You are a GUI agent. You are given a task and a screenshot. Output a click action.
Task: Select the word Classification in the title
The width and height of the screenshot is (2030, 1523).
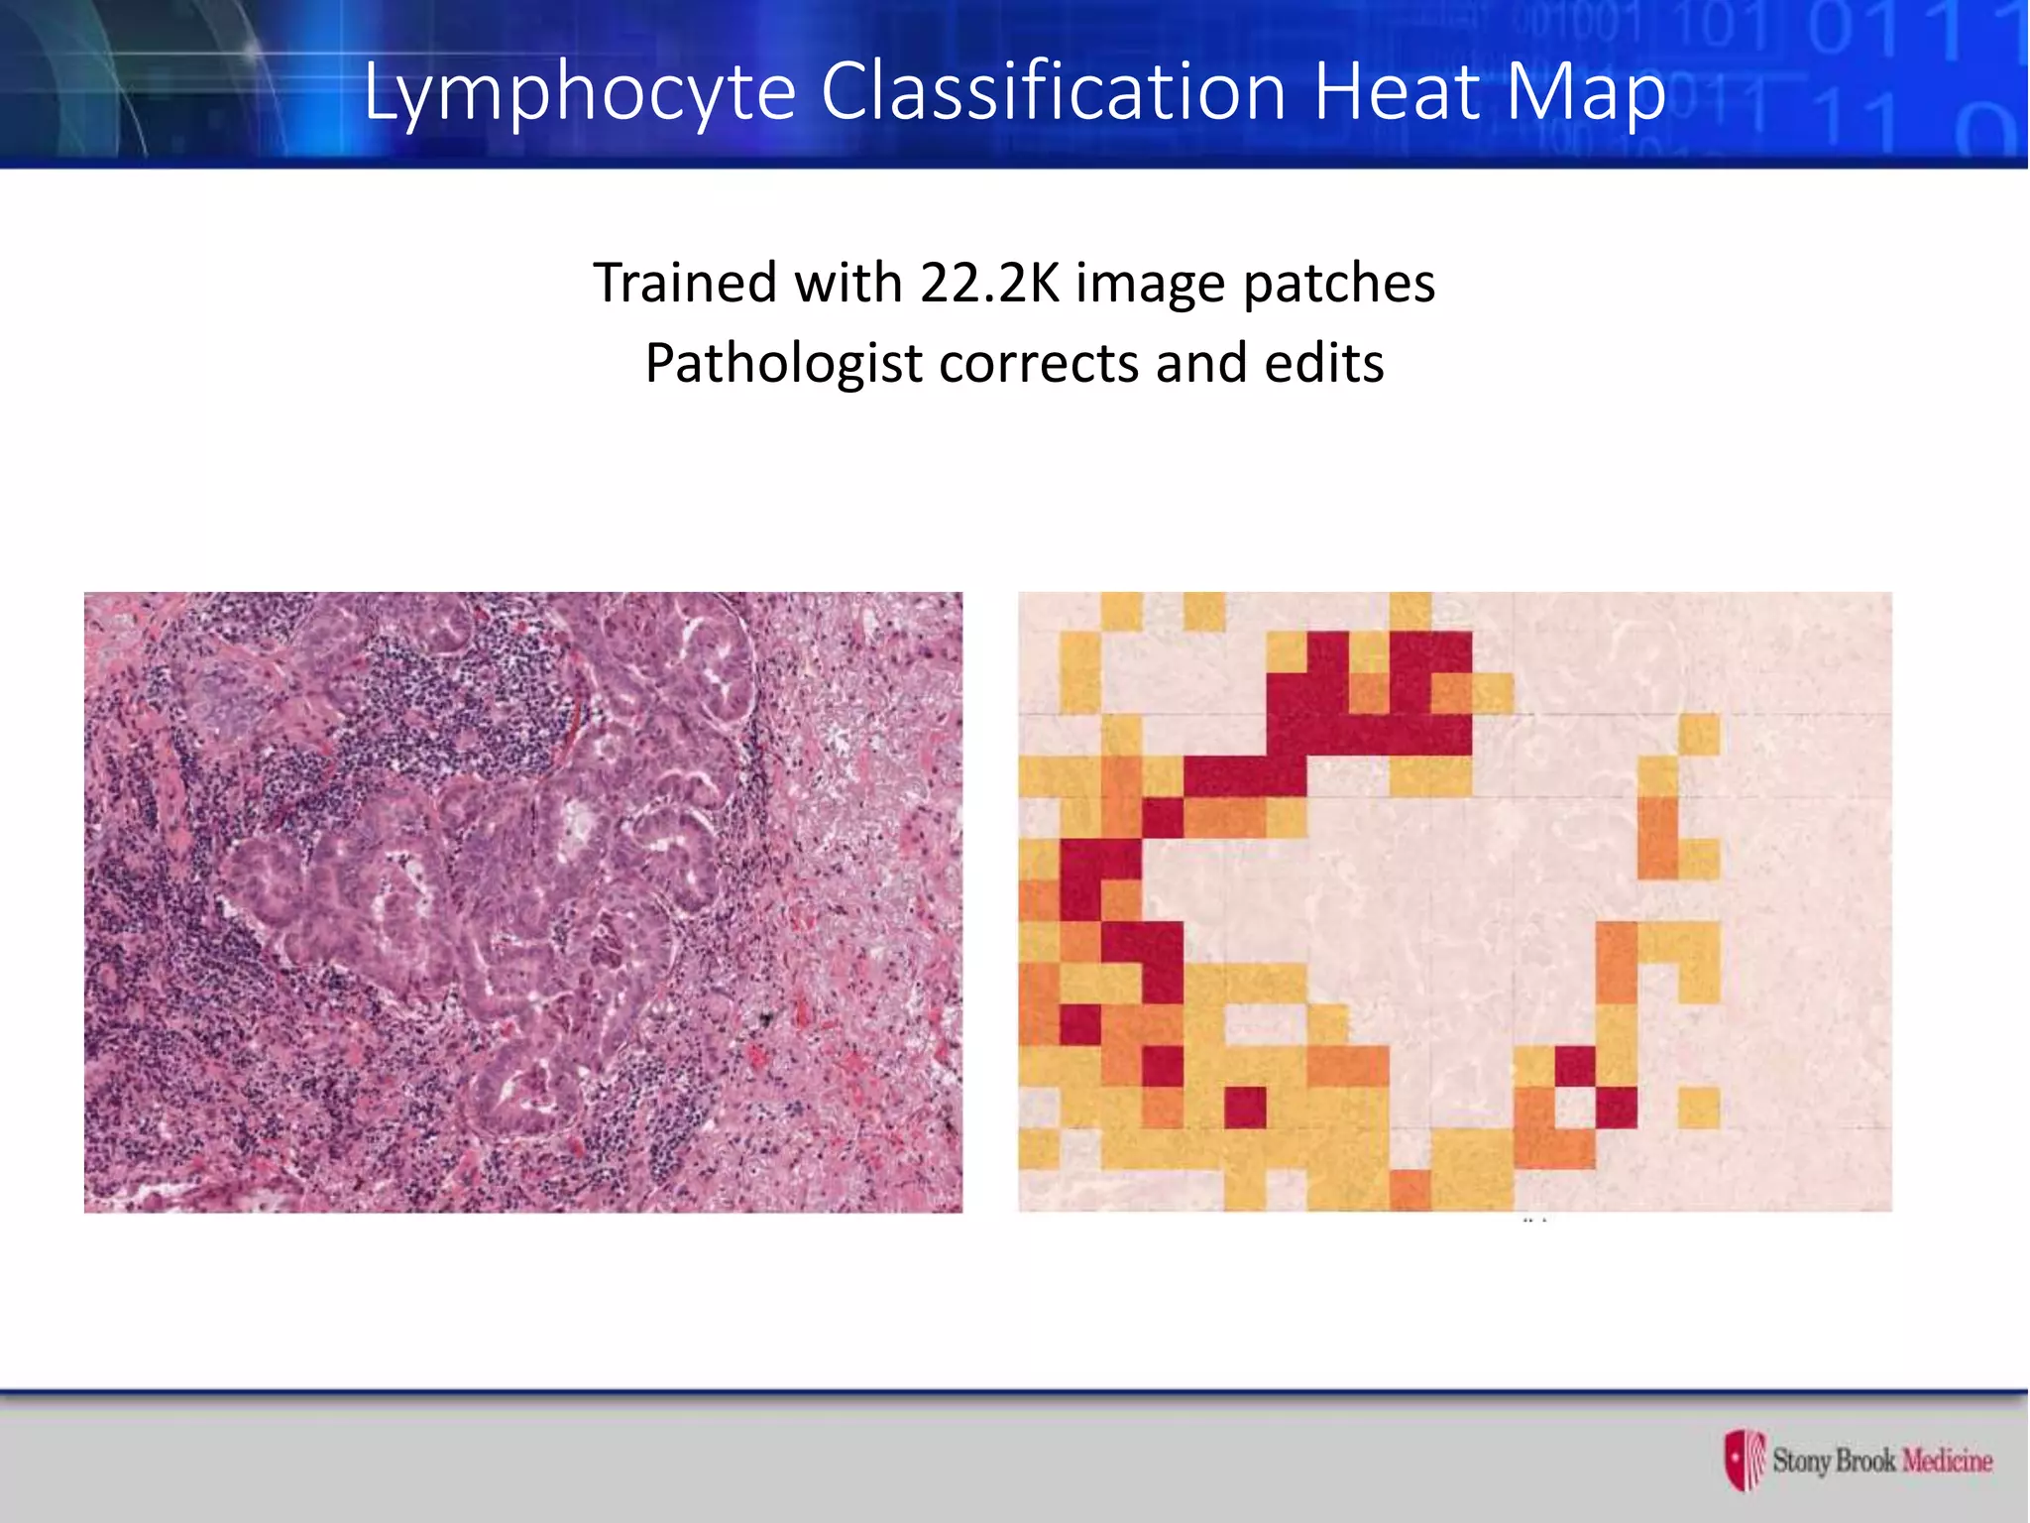click(x=1053, y=91)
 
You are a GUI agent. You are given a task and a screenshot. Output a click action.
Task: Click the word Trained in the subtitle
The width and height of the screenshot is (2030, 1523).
click(x=685, y=283)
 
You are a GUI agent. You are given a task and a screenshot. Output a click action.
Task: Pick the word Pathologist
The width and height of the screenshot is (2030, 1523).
click(x=783, y=364)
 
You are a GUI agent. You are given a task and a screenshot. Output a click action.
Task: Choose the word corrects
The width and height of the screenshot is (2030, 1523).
click(x=1039, y=364)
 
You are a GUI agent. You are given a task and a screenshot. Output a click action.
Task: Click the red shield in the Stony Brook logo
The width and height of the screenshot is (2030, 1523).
click(x=1744, y=1459)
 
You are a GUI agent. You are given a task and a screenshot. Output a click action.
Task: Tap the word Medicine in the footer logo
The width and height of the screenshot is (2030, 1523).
click(x=1947, y=1461)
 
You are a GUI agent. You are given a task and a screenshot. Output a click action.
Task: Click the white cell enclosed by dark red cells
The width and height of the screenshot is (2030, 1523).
click(x=1575, y=1108)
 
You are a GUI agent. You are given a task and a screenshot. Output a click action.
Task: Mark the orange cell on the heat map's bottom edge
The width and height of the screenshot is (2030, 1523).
click(x=1410, y=1189)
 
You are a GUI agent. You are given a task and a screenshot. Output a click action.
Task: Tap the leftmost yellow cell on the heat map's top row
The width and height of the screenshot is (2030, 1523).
click(x=1121, y=611)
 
